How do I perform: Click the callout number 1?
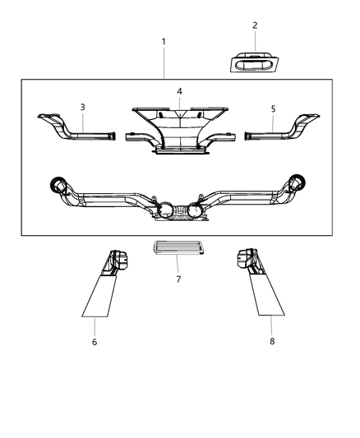click(164, 41)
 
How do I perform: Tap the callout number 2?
click(254, 25)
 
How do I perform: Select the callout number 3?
click(82, 107)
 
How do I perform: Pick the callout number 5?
click(274, 107)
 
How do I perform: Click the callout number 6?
click(95, 341)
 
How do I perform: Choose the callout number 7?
click(178, 279)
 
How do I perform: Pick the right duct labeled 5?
click(284, 131)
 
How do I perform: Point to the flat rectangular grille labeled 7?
click(178, 248)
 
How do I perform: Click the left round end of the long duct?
click(60, 183)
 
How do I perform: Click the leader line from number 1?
click(164, 62)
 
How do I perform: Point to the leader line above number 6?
click(95, 325)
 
